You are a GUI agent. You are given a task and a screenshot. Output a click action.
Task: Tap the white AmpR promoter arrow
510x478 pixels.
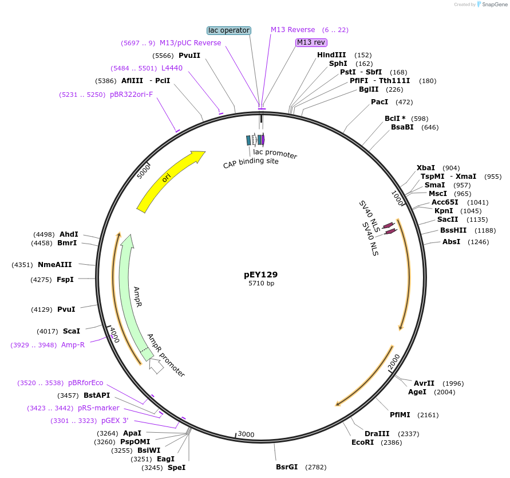156,366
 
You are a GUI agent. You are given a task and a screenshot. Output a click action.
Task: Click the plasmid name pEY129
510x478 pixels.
260,275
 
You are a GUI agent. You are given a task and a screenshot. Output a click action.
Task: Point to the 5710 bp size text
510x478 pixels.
261,284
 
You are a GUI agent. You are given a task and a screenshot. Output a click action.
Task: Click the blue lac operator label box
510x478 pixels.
228,30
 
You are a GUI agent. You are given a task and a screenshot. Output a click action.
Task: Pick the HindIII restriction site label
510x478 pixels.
331,54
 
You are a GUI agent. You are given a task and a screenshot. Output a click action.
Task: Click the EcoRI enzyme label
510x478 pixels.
362,442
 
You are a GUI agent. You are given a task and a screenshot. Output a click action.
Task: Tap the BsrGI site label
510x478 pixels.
287,467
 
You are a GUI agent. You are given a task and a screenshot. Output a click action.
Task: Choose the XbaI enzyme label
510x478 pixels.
425,167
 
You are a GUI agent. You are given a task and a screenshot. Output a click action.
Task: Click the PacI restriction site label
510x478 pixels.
379,102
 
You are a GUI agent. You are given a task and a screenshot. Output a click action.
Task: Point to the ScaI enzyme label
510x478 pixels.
72,331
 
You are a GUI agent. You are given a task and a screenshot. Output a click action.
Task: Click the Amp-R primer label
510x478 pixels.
73,345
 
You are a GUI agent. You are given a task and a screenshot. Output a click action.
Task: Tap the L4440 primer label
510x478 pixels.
172,68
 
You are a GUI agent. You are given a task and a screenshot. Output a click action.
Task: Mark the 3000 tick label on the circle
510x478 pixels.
246,434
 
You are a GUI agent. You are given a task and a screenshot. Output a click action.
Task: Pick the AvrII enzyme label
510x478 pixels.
424,383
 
